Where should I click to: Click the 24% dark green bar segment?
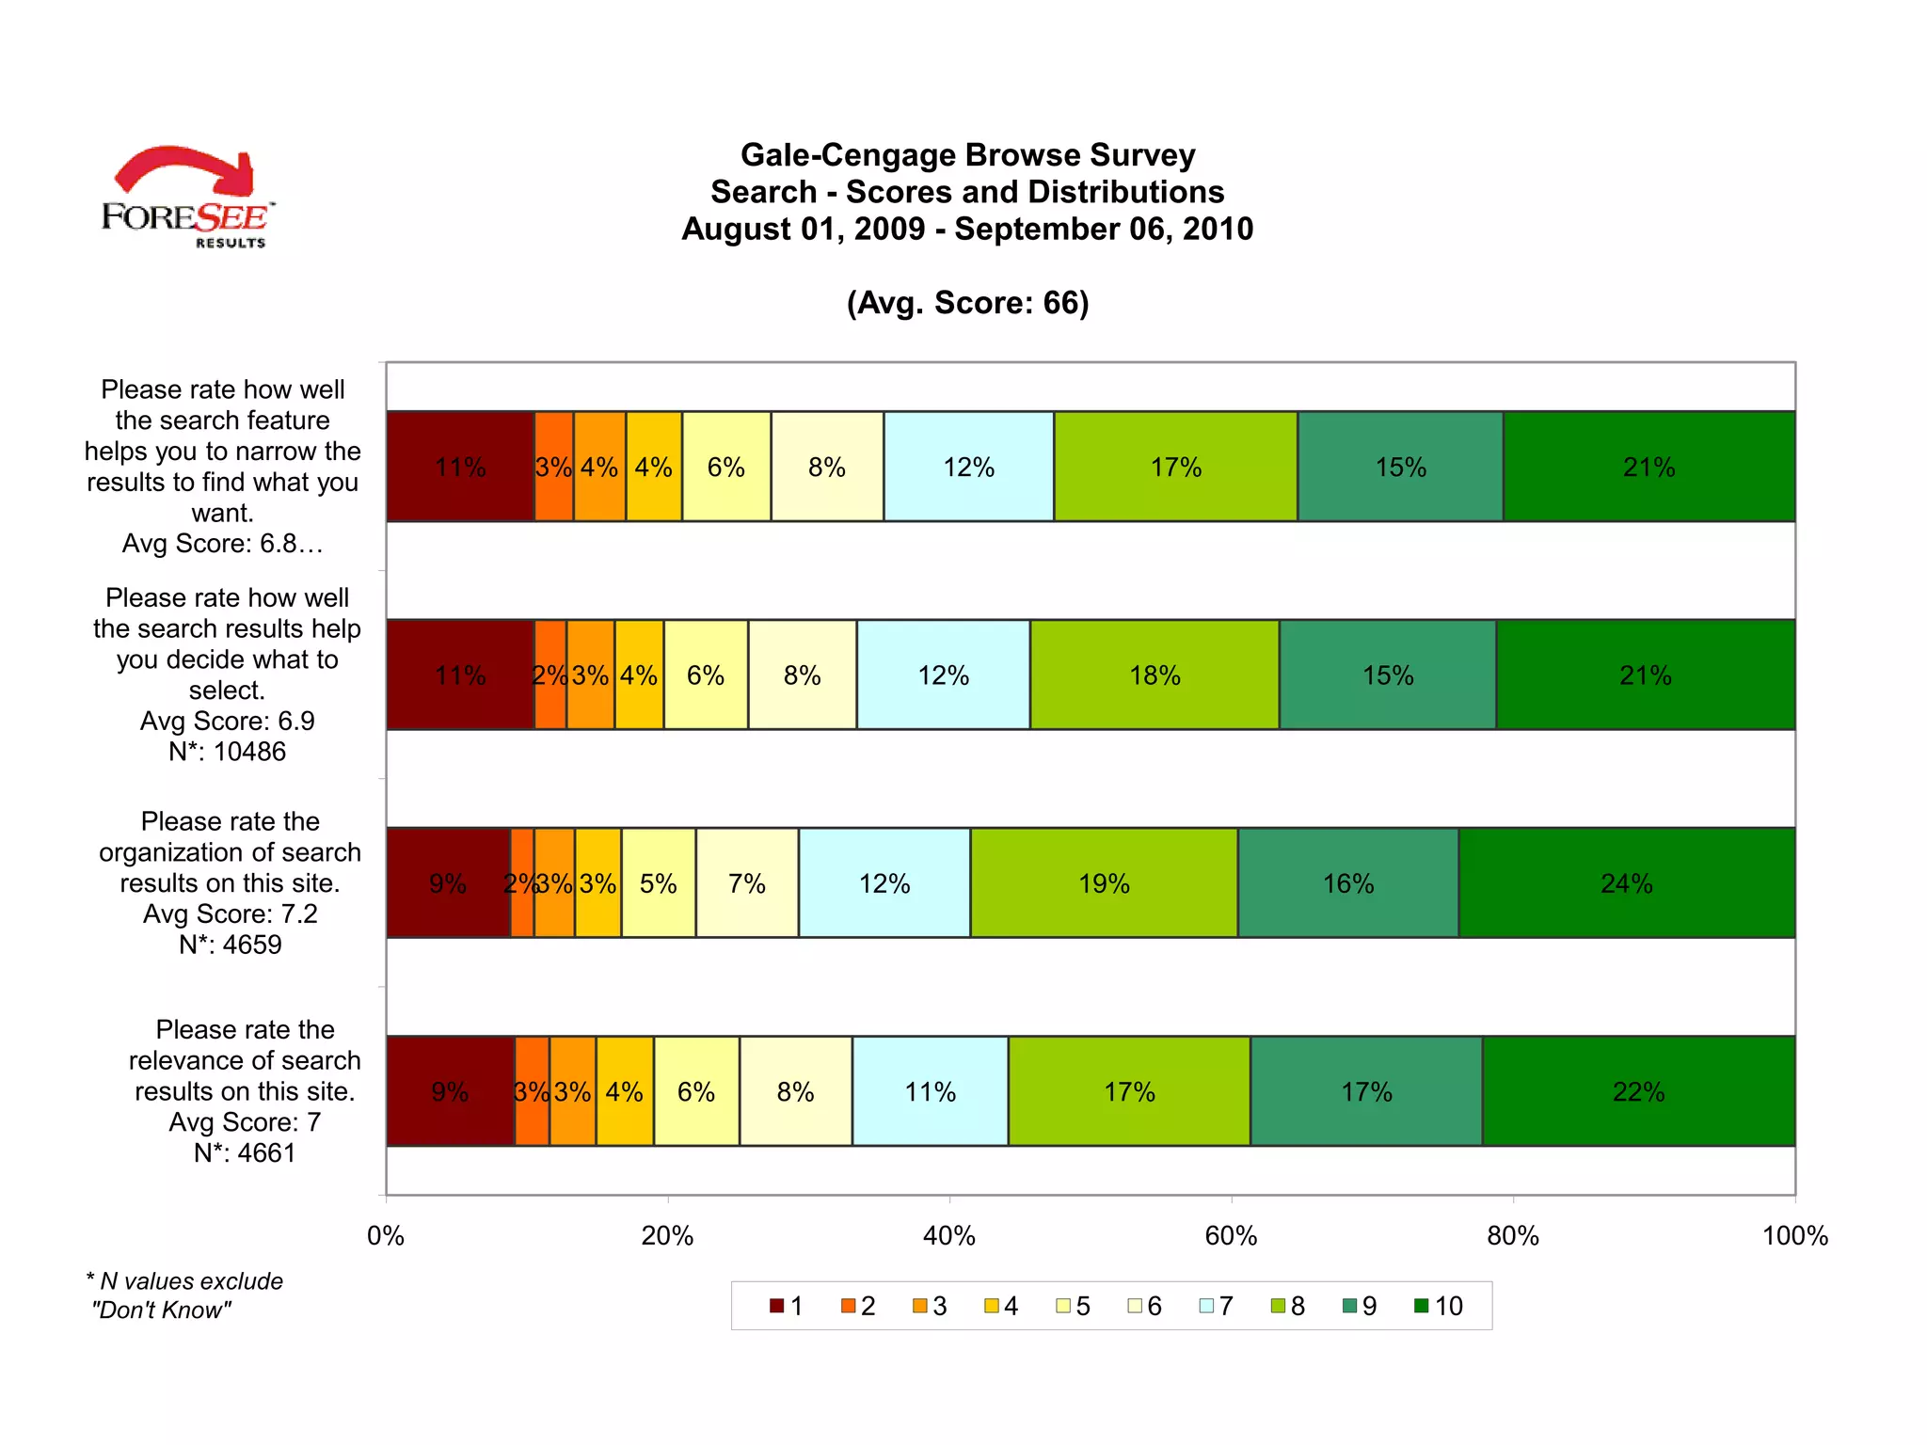[x=1626, y=882]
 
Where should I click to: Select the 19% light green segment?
[x=1104, y=882]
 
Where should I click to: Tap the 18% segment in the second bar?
[x=1155, y=675]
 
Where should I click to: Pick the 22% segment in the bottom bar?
[x=1638, y=1091]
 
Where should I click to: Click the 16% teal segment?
[x=1347, y=882]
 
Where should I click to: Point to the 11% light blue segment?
[x=930, y=1091]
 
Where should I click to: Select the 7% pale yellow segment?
[x=746, y=882]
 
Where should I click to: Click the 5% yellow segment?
[x=658, y=882]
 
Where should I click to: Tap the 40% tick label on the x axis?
[x=949, y=1235]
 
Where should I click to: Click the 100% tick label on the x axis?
[x=1794, y=1235]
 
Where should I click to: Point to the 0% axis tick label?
[x=386, y=1235]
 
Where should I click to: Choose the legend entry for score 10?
[x=1440, y=1306]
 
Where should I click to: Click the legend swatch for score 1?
[x=777, y=1306]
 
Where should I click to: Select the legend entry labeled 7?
[x=1217, y=1306]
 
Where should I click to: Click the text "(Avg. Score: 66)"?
[x=967, y=303]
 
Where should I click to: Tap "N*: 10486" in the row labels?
[x=227, y=752]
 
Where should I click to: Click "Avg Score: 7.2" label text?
[x=230, y=913]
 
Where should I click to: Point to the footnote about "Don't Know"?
[x=184, y=1295]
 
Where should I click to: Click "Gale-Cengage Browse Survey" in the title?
[x=967, y=154]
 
